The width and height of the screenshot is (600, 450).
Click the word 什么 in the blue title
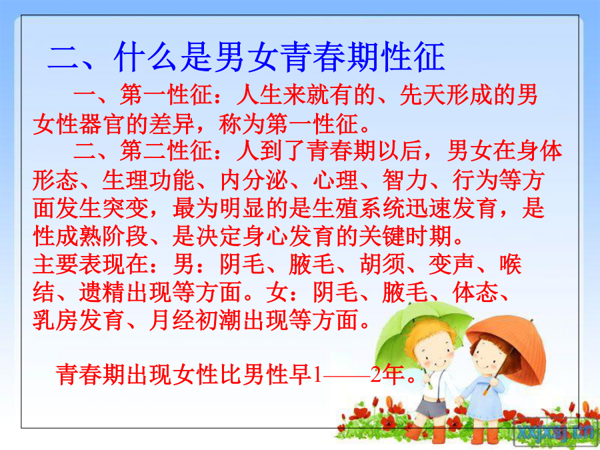pyautogui.click(x=146, y=57)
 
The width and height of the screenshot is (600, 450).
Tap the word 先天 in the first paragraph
pyautogui.click(x=423, y=95)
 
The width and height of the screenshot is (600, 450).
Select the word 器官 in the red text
pyautogui.click(x=103, y=123)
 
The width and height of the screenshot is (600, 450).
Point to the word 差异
pyautogui.click(x=172, y=123)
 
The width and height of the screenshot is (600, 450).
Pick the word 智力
pyautogui.click(x=405, y=180)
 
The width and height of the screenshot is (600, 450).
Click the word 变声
pyautogui.click(x=451, y=264)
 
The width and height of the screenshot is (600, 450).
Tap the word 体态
pyautogui.click(x=475, y=293)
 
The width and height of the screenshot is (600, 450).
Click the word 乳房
pyautogui.click(x=56, y=320)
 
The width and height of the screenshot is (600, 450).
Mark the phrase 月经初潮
pyautogui.click(x=195, y=320)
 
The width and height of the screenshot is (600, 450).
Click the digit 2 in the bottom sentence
pyautogui.click(x=376, y=375)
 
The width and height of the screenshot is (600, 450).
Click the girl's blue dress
pyautogui.click(x=483, y=398)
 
